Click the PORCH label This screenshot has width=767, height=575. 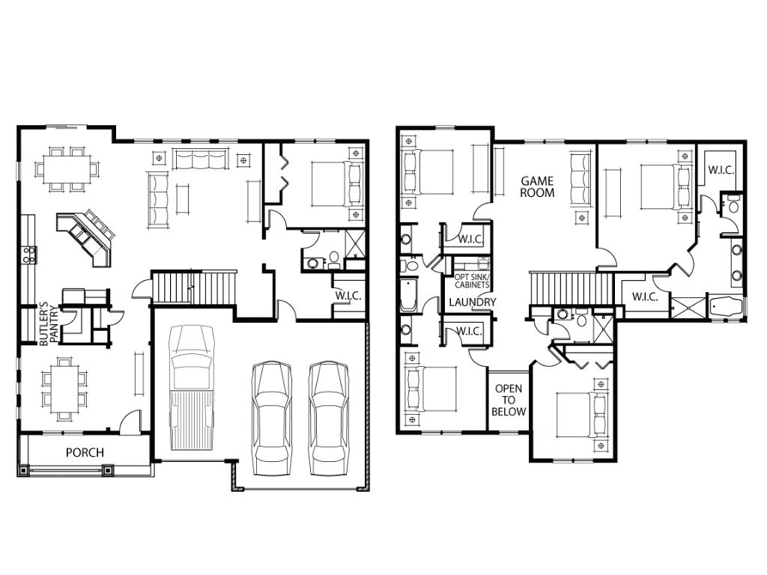85,452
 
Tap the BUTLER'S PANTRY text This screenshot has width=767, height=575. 49,326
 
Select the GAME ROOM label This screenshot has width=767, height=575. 537,186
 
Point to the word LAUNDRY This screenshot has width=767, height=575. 473,302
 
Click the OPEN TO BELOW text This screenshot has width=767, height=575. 509,400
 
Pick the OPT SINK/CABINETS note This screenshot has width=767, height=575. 472,281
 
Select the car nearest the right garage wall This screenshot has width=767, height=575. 329,418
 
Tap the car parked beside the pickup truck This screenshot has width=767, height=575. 271,418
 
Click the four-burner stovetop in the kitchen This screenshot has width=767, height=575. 29,255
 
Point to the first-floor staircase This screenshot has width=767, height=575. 194,287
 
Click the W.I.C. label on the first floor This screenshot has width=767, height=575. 348,296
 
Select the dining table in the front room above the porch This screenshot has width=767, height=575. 64,389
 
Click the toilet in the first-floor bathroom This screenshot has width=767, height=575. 335,259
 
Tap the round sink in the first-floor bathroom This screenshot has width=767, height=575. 312,263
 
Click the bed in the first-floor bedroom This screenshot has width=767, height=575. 338,184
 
